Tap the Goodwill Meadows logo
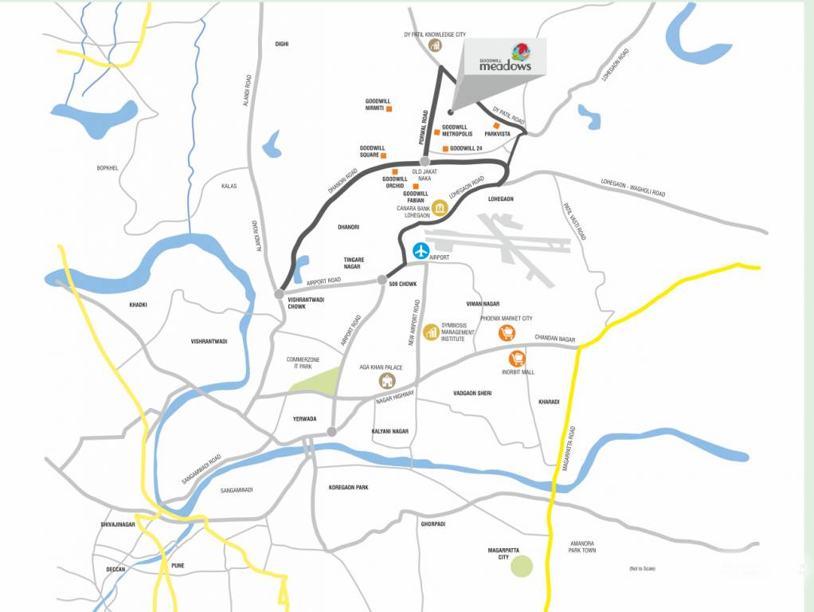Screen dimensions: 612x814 pos(505,59)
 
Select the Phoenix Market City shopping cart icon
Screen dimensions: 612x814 pos(505,333)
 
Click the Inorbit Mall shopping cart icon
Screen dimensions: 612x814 pos(517,359)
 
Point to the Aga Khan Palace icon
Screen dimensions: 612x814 pos(386,381)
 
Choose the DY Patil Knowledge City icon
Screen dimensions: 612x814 pos(435,45)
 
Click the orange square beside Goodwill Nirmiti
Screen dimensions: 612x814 pos(389,108)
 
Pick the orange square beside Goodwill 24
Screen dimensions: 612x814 pos(444,149)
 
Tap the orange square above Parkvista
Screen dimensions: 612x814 pos(496,126)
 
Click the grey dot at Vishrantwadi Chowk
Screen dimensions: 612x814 pos(278,294)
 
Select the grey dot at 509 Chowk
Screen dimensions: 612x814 pos(382,280)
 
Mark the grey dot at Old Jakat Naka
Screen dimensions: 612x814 pos(425,162)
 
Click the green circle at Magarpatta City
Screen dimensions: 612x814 pos(522,567)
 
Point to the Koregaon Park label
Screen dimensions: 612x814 pos(349,487)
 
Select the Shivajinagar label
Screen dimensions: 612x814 pos(119,524)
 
